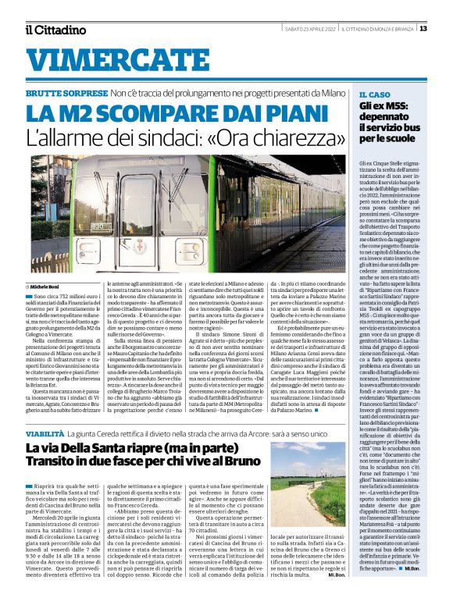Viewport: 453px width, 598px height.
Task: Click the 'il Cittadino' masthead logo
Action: (55, 30)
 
